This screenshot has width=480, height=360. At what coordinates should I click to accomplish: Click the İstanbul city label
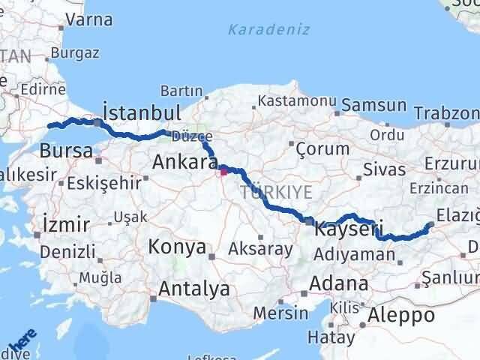click(141, 112)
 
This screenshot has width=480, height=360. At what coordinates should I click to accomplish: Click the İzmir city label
click(67, 224)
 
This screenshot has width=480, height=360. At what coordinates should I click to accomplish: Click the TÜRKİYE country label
click(276, 193)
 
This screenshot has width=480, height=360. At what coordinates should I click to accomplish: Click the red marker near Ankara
click(223, 171)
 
